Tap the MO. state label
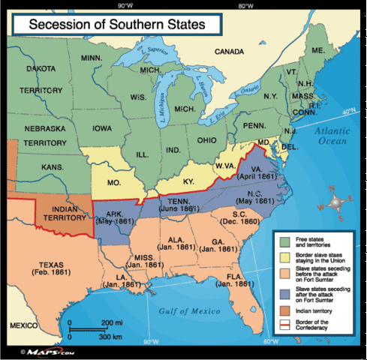(x=116, y=182)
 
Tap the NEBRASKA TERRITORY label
(x=45, y=136)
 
